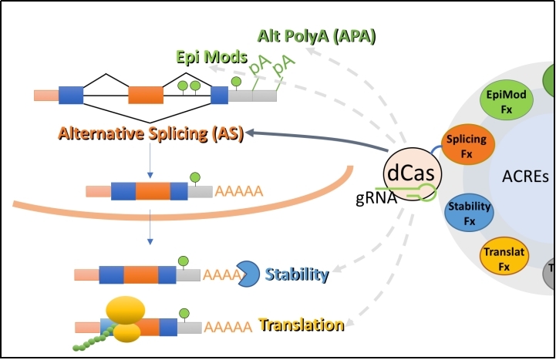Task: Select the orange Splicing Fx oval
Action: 467,146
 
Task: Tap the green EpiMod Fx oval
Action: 506,101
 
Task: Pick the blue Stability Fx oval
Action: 470,210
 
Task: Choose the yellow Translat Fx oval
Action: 504,258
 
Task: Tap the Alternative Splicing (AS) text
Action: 150,134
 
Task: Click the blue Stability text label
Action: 297,274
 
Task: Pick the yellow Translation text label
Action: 302,325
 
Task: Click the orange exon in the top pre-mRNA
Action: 145,95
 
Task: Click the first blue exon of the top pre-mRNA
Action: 71,95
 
